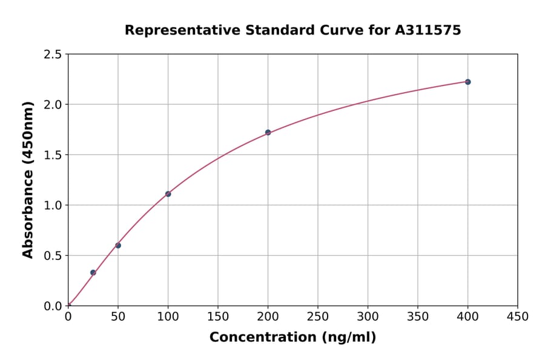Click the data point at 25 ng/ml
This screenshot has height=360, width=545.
point(93,273)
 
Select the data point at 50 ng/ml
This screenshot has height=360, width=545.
point(118,245)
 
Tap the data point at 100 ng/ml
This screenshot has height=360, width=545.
point(168,194)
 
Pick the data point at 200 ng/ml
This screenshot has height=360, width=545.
point(268,132)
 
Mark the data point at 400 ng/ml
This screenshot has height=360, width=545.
point(467,82)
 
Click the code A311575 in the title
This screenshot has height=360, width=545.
point(428,30)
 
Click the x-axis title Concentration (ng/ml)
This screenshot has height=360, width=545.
point(292,338)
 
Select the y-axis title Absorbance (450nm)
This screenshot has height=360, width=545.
point(28,179)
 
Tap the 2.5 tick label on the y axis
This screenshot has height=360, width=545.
point(53,55)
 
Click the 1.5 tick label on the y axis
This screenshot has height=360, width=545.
point(53,155)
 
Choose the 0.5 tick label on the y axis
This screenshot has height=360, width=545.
point(53,256)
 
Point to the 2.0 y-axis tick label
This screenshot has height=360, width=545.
point(53,105)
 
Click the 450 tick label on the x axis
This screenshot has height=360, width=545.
point(517,317)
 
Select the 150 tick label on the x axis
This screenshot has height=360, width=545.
point(218,317)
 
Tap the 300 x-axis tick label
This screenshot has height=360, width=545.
point(368,317)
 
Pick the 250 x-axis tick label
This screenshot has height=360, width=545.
point(318,317)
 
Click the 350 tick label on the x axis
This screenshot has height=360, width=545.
point(418,317)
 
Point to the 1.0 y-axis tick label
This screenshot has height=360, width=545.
point(53,205)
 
